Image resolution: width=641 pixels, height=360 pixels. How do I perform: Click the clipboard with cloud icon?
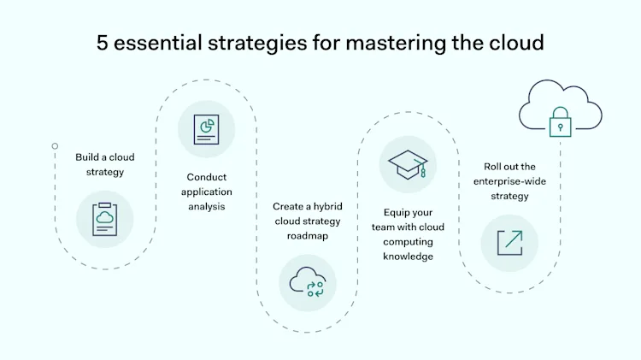coord(105,219)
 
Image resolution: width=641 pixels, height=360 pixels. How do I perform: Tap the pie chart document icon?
coord(206,129)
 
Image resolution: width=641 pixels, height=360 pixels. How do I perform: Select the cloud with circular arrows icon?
coord(308,282)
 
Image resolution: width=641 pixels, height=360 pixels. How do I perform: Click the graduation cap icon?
coord(408,164)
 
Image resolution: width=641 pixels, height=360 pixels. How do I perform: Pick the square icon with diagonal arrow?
coord(509,242)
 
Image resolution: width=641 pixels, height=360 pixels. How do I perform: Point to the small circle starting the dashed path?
coord(55,146)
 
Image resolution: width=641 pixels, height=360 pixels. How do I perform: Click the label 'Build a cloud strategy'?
coord(104,164)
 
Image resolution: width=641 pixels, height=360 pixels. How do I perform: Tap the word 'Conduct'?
coord(206,177)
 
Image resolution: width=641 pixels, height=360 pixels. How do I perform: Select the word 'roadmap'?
coord(308,235)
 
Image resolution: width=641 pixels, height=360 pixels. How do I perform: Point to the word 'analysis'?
coord(206,206)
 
